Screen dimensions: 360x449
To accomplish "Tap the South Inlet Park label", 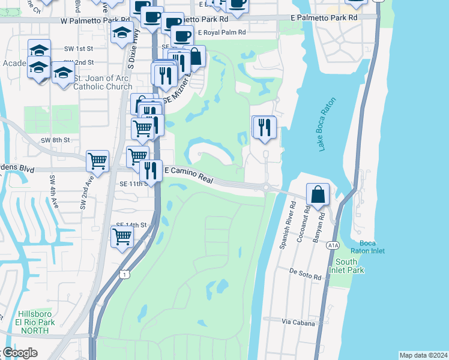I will (350, 266).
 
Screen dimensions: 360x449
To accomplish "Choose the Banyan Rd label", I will (322, 223).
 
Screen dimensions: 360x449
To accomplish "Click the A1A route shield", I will (334, 245).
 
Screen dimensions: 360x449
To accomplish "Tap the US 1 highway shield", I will (124, 274).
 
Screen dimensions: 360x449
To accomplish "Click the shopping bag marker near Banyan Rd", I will (318, 194).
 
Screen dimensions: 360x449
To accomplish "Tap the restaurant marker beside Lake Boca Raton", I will (264, 127).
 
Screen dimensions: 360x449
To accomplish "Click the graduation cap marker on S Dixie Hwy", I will (122, 33).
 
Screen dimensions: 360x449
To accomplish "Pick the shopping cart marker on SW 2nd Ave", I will (97, 160).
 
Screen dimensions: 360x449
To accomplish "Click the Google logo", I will (20, 353).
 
